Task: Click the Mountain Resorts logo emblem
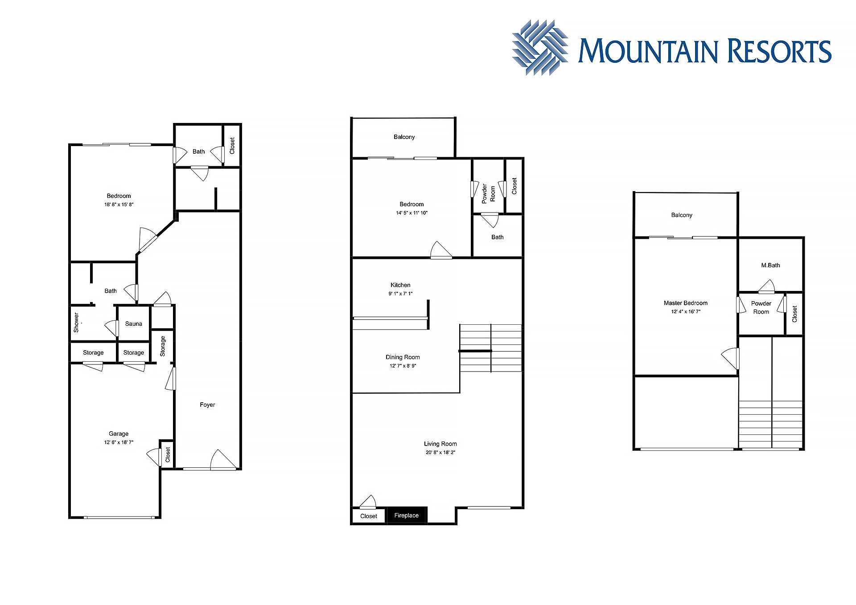tap(540, 47)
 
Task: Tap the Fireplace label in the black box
tap(406, 515)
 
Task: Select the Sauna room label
tap(133, 324)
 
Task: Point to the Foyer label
tap(207, 405)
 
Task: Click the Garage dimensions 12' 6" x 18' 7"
tap(119, 442)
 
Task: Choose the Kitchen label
tap(400, 285)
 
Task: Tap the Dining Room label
tap(403, 357)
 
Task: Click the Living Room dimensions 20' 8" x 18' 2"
tap(440, 453)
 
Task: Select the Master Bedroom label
tap(686, 303)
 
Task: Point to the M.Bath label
tap(770, 265)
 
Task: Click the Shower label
tap(76, 322)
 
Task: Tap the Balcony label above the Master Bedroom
tap(682, 215)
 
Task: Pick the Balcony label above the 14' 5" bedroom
tap(404, 137)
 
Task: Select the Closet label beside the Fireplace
tap(369, 516)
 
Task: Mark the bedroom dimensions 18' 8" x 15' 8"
tap(119, 205)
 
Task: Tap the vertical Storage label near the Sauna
tap(163, 346)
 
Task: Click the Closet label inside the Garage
tap(168, 455)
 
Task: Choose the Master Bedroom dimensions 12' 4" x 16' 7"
tap(686, 312)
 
